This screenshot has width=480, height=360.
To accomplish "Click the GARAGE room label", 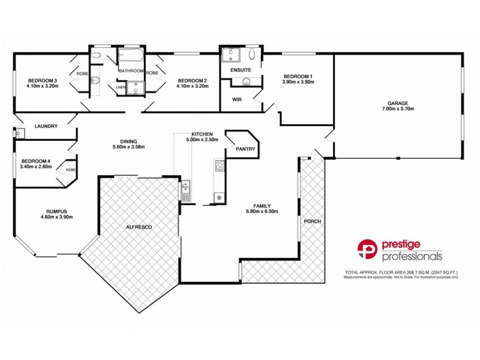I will tap(398, 102).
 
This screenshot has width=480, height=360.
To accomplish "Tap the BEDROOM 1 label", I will tap(298, 76).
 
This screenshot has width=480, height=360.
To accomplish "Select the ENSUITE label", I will tap(241, 70).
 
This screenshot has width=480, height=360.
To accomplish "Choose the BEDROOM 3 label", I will tap(41, 80).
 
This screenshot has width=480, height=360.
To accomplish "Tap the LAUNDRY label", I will tap(46, 126).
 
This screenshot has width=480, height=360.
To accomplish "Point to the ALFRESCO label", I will tap(139, 227).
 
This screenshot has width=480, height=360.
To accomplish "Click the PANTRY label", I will tap(246, 149).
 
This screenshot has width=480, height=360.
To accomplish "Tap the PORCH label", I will tap(312, 221).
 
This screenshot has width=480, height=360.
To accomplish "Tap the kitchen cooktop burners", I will tap(220, 165).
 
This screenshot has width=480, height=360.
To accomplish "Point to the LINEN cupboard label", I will tap(121, 88).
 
